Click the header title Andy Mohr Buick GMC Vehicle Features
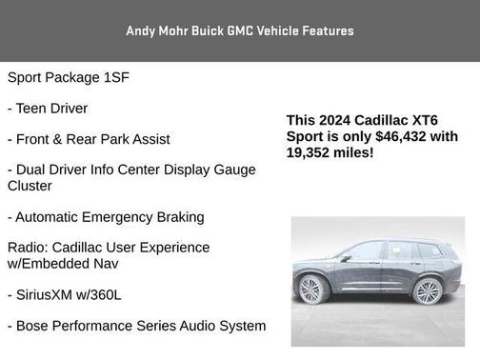[240, 30]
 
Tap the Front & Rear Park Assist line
[89, 139]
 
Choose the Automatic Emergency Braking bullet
[106, 217]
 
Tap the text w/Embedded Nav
[64, 264]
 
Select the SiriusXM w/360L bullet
[65, 295]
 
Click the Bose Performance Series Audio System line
[136, 326]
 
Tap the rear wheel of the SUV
[428, 290]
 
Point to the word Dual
[33, 170]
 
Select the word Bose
[36, 326]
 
